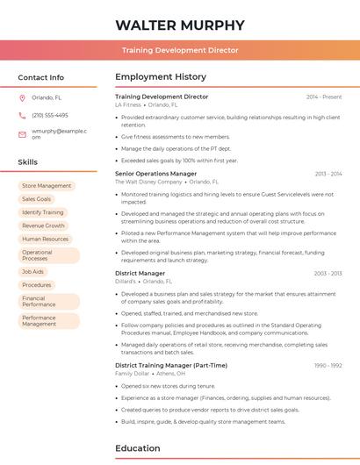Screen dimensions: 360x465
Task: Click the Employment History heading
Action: (161, 77)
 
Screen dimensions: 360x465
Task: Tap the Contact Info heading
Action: (41, 77)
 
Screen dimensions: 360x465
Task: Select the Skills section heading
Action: (28, 162)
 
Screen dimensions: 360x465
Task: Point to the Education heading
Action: (139, 448)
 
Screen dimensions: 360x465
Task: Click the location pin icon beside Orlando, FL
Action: (22, 98)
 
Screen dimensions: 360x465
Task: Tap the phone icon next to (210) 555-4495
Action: (22, 116)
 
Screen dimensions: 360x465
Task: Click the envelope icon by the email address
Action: (22, 133)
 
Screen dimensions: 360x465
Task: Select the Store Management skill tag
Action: (47, 186)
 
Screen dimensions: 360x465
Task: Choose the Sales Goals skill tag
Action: (37, 199)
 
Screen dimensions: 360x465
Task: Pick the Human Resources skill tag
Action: (45, 239)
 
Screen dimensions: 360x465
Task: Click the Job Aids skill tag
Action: (33, 272)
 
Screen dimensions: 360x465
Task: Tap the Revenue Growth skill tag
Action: (44, 225)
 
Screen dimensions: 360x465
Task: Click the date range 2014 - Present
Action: (324, 97)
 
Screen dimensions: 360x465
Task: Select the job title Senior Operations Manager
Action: (155, 174)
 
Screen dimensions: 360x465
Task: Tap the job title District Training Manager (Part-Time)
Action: (170, 365)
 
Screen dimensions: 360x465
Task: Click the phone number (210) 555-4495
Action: (50, 116)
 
